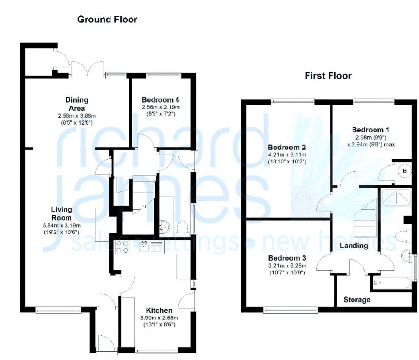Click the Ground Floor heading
point(107,20)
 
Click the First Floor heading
point(328,76)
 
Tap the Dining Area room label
point(77,104)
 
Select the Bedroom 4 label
point(160,100)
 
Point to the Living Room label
point(62,213)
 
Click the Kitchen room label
point(159,310)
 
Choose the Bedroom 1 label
point(371,130)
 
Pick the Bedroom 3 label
point(287,258)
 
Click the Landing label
point(354,245)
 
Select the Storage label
point(357,300)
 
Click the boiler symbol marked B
point(404,170)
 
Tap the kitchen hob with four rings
point(122,247)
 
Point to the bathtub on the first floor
point(391,283)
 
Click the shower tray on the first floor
point(396,197)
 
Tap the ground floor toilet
point(183,228)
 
